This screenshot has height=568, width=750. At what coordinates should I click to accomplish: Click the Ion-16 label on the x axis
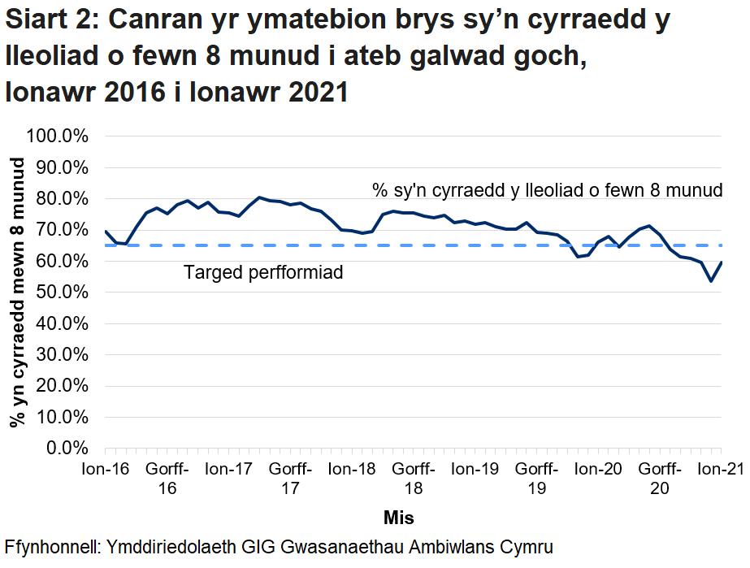tap(106, 469)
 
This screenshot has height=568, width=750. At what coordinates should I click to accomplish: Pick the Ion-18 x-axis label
tap(352, 469)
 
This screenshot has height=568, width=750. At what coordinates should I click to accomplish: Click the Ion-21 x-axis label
tap(720, 469)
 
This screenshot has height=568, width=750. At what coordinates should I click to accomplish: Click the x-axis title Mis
tap(399, 517)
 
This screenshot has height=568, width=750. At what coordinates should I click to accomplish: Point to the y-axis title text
tap(16, 293)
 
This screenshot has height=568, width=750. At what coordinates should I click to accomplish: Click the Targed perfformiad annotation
tap(263, 272)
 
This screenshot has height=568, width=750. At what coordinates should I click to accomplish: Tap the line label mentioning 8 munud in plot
tap(547, 191)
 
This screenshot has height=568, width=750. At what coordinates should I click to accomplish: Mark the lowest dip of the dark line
tap(711, 281)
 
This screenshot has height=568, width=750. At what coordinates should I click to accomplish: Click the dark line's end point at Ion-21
tap(722, 262)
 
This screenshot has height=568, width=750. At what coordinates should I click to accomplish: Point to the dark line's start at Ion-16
tap(106, 231)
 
